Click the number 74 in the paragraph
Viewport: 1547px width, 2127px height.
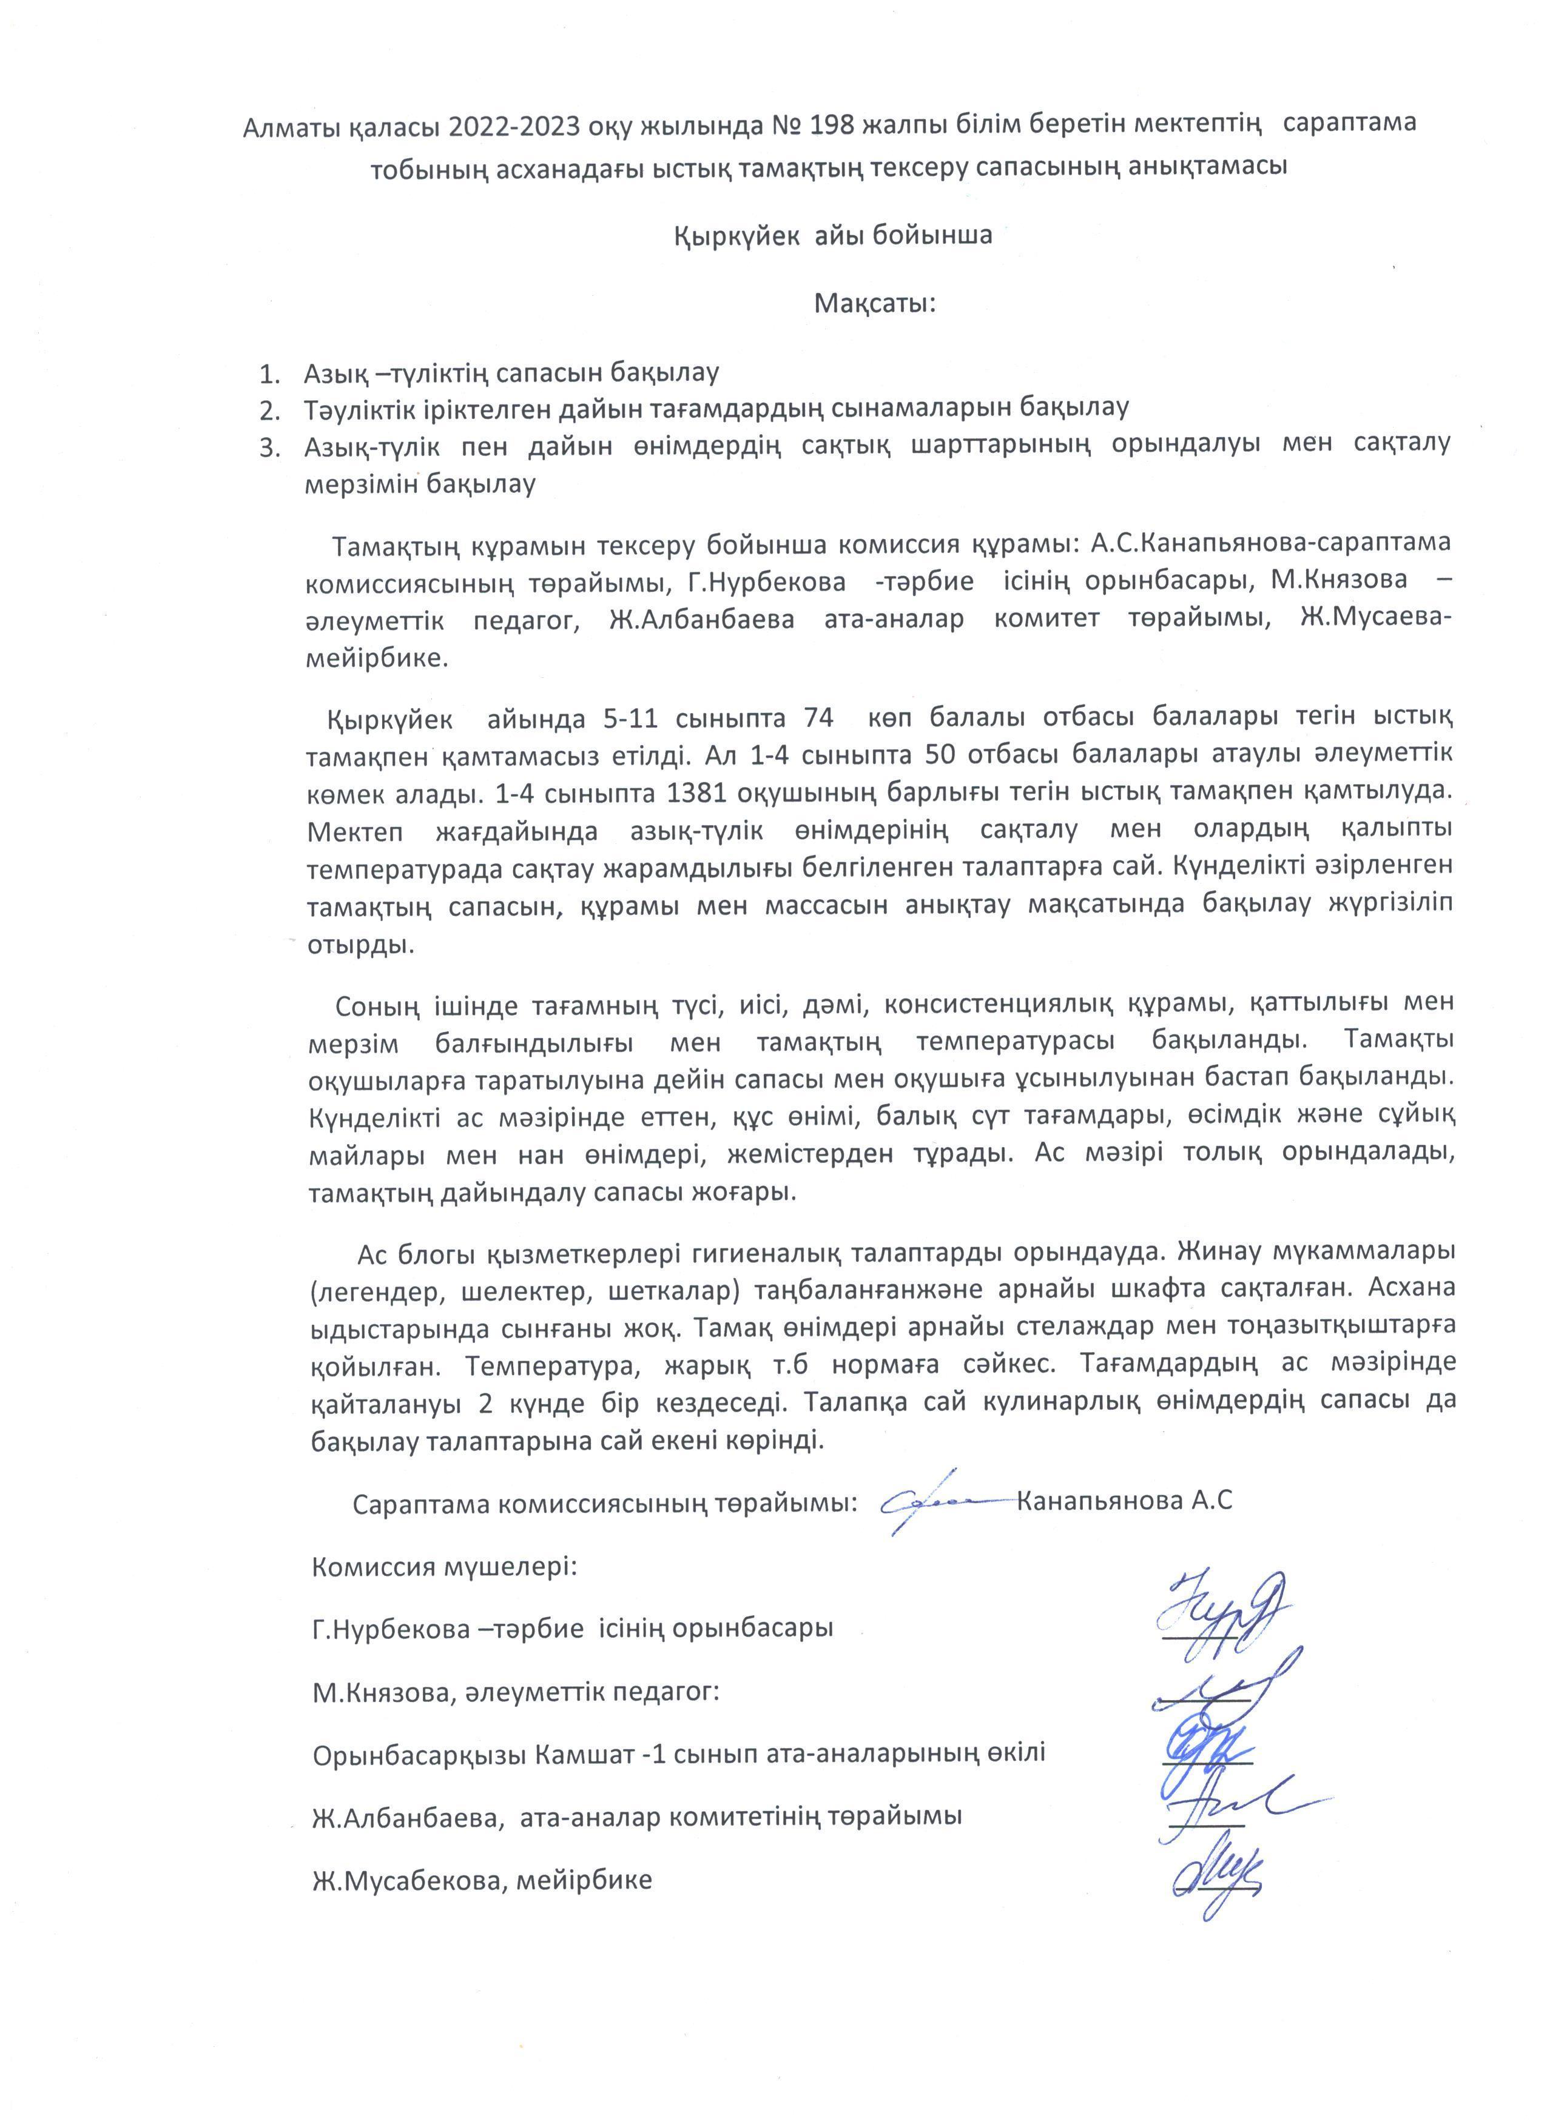817,719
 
